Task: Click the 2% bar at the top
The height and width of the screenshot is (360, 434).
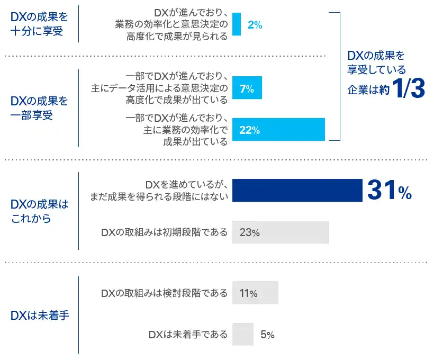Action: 237,24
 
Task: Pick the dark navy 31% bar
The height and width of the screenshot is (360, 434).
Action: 296,191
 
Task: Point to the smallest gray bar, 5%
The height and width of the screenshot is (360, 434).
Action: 243,334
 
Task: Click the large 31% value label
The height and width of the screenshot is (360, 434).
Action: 389,191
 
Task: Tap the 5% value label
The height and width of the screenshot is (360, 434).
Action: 267,335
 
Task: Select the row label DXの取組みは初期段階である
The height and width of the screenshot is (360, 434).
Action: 164,232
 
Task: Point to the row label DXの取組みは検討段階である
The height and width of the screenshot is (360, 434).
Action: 164,293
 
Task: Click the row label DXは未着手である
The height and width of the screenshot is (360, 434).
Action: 188,334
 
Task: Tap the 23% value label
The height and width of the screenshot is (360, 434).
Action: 249,232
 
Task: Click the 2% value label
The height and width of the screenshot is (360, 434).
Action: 255,24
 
